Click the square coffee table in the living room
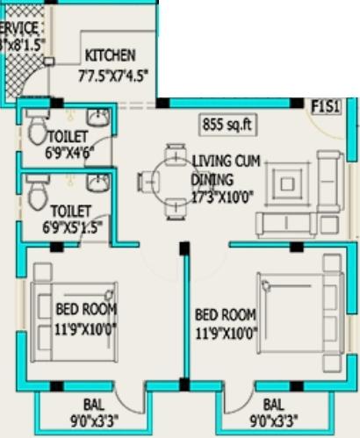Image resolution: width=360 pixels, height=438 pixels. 289,185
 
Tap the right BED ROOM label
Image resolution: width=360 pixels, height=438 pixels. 225,314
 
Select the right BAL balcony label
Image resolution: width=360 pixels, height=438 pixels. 274,405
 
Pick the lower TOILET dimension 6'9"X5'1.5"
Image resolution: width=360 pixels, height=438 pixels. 76,227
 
